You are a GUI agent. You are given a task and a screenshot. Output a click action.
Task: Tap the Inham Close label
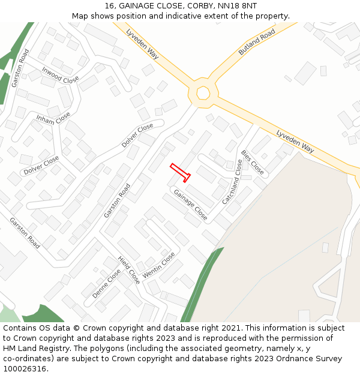[x=53, y=118]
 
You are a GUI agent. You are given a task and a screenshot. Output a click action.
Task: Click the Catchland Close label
[x=232, y=182]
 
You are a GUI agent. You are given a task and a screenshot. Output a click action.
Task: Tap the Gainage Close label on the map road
[x=191, y=205]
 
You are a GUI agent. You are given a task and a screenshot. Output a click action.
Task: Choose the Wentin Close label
[x=159, y=265]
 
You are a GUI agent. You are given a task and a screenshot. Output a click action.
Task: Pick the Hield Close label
[x=129, y=270]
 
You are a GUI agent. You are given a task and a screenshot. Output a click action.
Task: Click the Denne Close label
[x=106, y=284]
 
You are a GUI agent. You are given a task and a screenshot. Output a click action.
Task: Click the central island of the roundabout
[x=203, y=93]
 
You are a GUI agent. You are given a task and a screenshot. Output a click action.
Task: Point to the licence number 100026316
[x=25, y=369]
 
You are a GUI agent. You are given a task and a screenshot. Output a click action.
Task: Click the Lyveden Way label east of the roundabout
[x=295, y=140]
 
